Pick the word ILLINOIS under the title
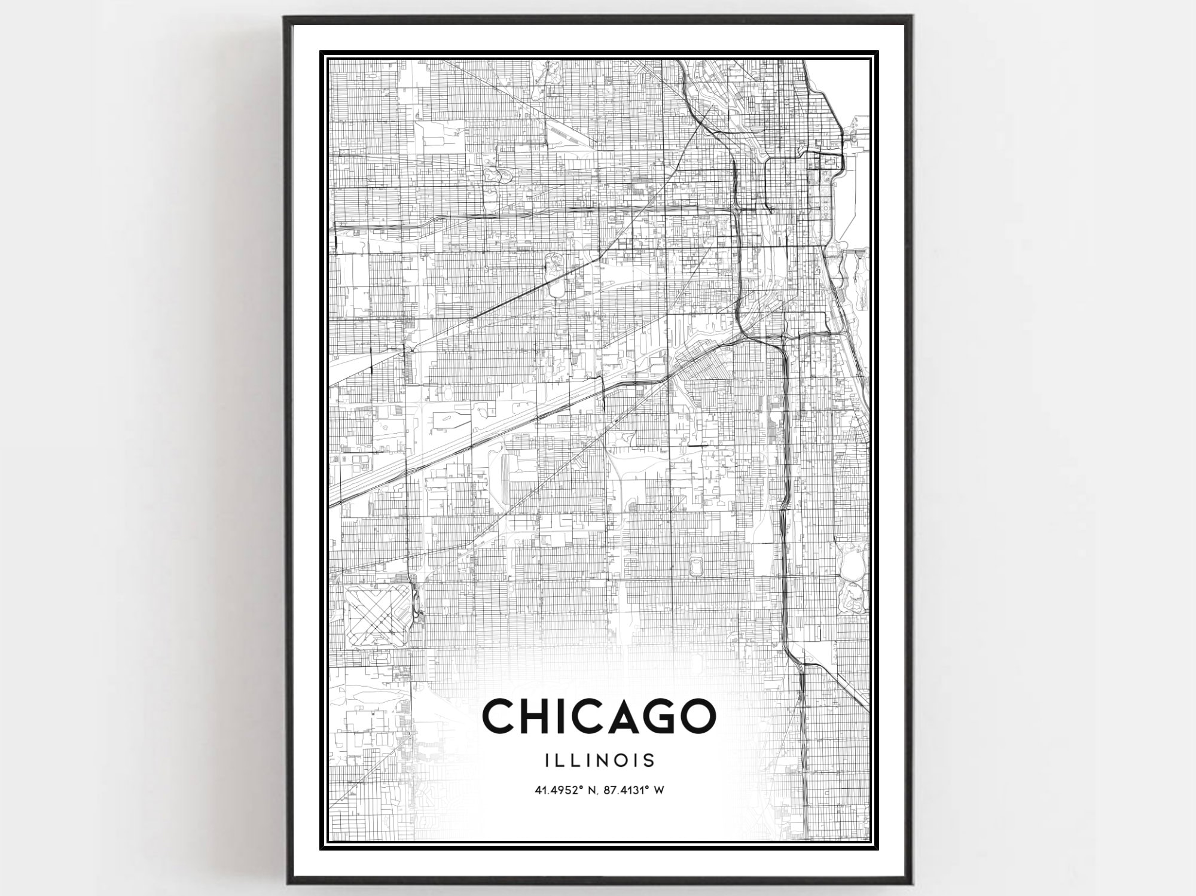click(600, 760)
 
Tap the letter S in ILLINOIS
click(648, 760)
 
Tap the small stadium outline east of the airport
click(696, 565)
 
